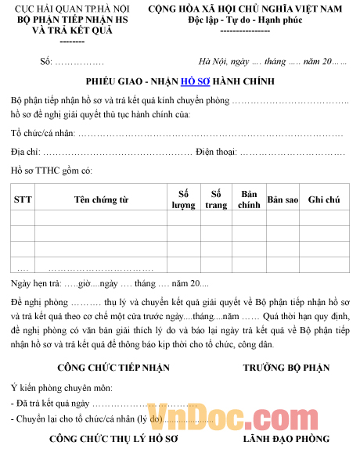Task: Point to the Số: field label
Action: [46, 61]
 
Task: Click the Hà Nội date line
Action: [274, 61]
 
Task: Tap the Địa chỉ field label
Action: [26, 152]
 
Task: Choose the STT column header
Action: [23, 199]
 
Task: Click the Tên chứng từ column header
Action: [101, 199]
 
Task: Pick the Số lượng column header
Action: [184, 199]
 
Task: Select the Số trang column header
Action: [215, 199]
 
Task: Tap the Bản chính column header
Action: [248, 199]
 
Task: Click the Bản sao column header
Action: [283, 199]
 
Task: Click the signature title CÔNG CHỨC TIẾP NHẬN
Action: [103, 367]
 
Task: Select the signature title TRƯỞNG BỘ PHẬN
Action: [286, 367]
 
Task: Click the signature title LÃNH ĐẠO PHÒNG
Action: [286, 439]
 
